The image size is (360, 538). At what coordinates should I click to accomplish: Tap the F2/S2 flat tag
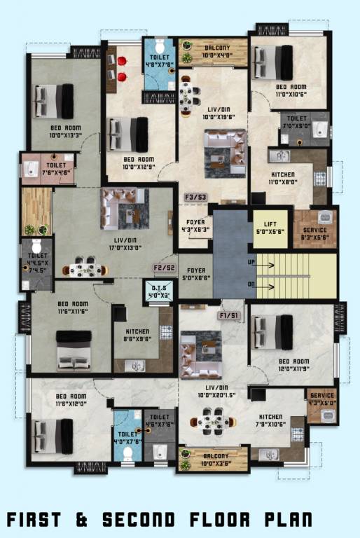[x=164, y=268]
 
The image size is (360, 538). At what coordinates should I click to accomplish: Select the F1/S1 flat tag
[x=228, y=315]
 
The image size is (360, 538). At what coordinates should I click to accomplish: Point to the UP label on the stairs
[x=252, y=262]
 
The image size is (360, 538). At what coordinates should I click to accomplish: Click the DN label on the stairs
[x=252, y=284]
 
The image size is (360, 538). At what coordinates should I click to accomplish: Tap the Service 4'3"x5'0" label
[x=322, y=399]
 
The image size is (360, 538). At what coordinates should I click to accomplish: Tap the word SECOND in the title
[x=136, y=519]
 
